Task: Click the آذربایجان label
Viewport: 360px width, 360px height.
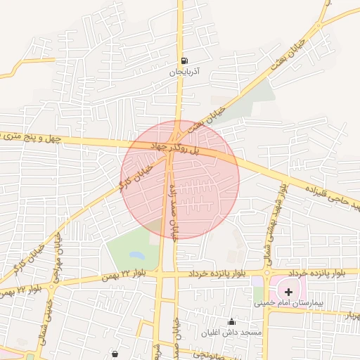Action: pos(184,72)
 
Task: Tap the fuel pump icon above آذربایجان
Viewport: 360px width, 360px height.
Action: pos(184,60)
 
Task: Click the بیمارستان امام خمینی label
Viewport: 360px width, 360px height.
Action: pos(281,304)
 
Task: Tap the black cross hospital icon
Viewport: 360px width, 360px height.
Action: pos(289,291)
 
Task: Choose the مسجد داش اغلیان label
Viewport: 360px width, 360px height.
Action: pos(231,331)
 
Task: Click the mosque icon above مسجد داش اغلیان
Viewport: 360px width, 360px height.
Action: pos(232,322)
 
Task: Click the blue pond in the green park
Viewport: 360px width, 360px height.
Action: pos(136,255)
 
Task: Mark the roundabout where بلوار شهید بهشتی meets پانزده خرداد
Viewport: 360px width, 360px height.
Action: pos(267,274)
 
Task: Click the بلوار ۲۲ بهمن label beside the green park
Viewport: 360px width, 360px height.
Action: pos(116,273)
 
